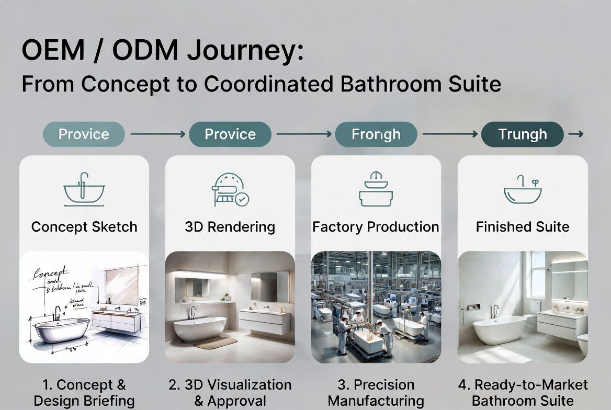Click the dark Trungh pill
pyautogui.click(x=522, y=134)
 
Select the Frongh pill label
pyautogui.click(x=376, y=134)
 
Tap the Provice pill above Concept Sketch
pyautogui.click(x=84, y=134)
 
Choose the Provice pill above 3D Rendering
pyautogui.click(x=230, y=134)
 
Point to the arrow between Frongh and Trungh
pyautogui.click(x=450, y=134)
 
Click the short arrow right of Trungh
pyautogui.click(x=575, y=134)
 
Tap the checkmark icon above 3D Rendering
pyautogui.click(x=242, y=199)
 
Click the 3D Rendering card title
pyautogui.click(x=230, y=227)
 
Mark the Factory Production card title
pyautogui.click(x=376, y=227)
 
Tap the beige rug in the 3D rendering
pyautogui.click(x=215, y=343)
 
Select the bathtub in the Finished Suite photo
pyautogui.click(x=500, y=329)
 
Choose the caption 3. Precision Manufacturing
pyautogui.click(x=376, y=393)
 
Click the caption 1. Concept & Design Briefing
pyautogui.click(x=84, y=393)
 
